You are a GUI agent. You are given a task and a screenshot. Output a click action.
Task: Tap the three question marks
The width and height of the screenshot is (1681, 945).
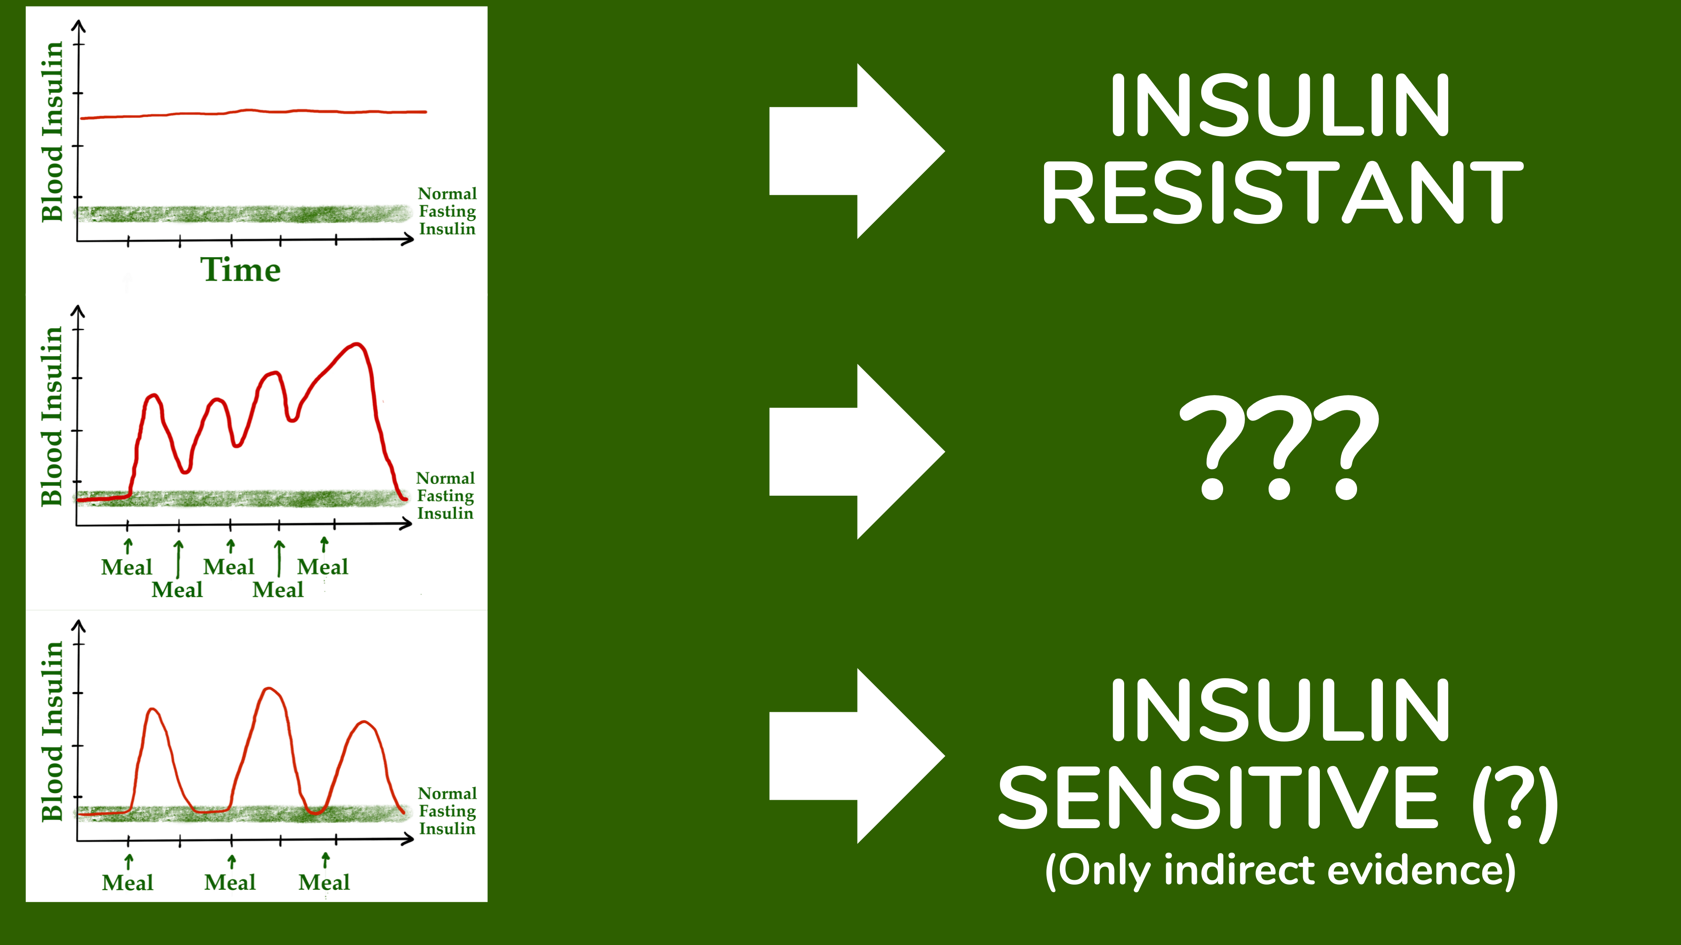pos(1279,448)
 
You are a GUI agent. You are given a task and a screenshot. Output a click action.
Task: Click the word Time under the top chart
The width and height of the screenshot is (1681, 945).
pos(240,270)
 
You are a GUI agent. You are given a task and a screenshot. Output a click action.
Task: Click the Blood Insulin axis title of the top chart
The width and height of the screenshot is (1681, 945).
pos(52,132)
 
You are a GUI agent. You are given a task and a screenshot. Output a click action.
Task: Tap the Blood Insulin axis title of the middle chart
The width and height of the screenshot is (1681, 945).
pos(52,416)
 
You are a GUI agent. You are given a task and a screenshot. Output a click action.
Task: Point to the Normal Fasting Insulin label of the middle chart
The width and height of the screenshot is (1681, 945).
pos(446,496)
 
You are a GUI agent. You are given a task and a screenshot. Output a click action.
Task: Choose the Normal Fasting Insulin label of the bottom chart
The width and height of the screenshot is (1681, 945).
pos(447,811)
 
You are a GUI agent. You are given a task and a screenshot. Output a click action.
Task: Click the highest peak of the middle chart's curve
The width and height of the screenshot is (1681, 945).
pos(356,344)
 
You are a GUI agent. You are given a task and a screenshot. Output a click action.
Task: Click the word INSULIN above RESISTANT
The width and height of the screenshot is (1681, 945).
pos(1279,105)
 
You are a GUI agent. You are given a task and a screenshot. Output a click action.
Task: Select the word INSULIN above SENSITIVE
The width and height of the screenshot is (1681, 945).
pos(1279,711)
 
